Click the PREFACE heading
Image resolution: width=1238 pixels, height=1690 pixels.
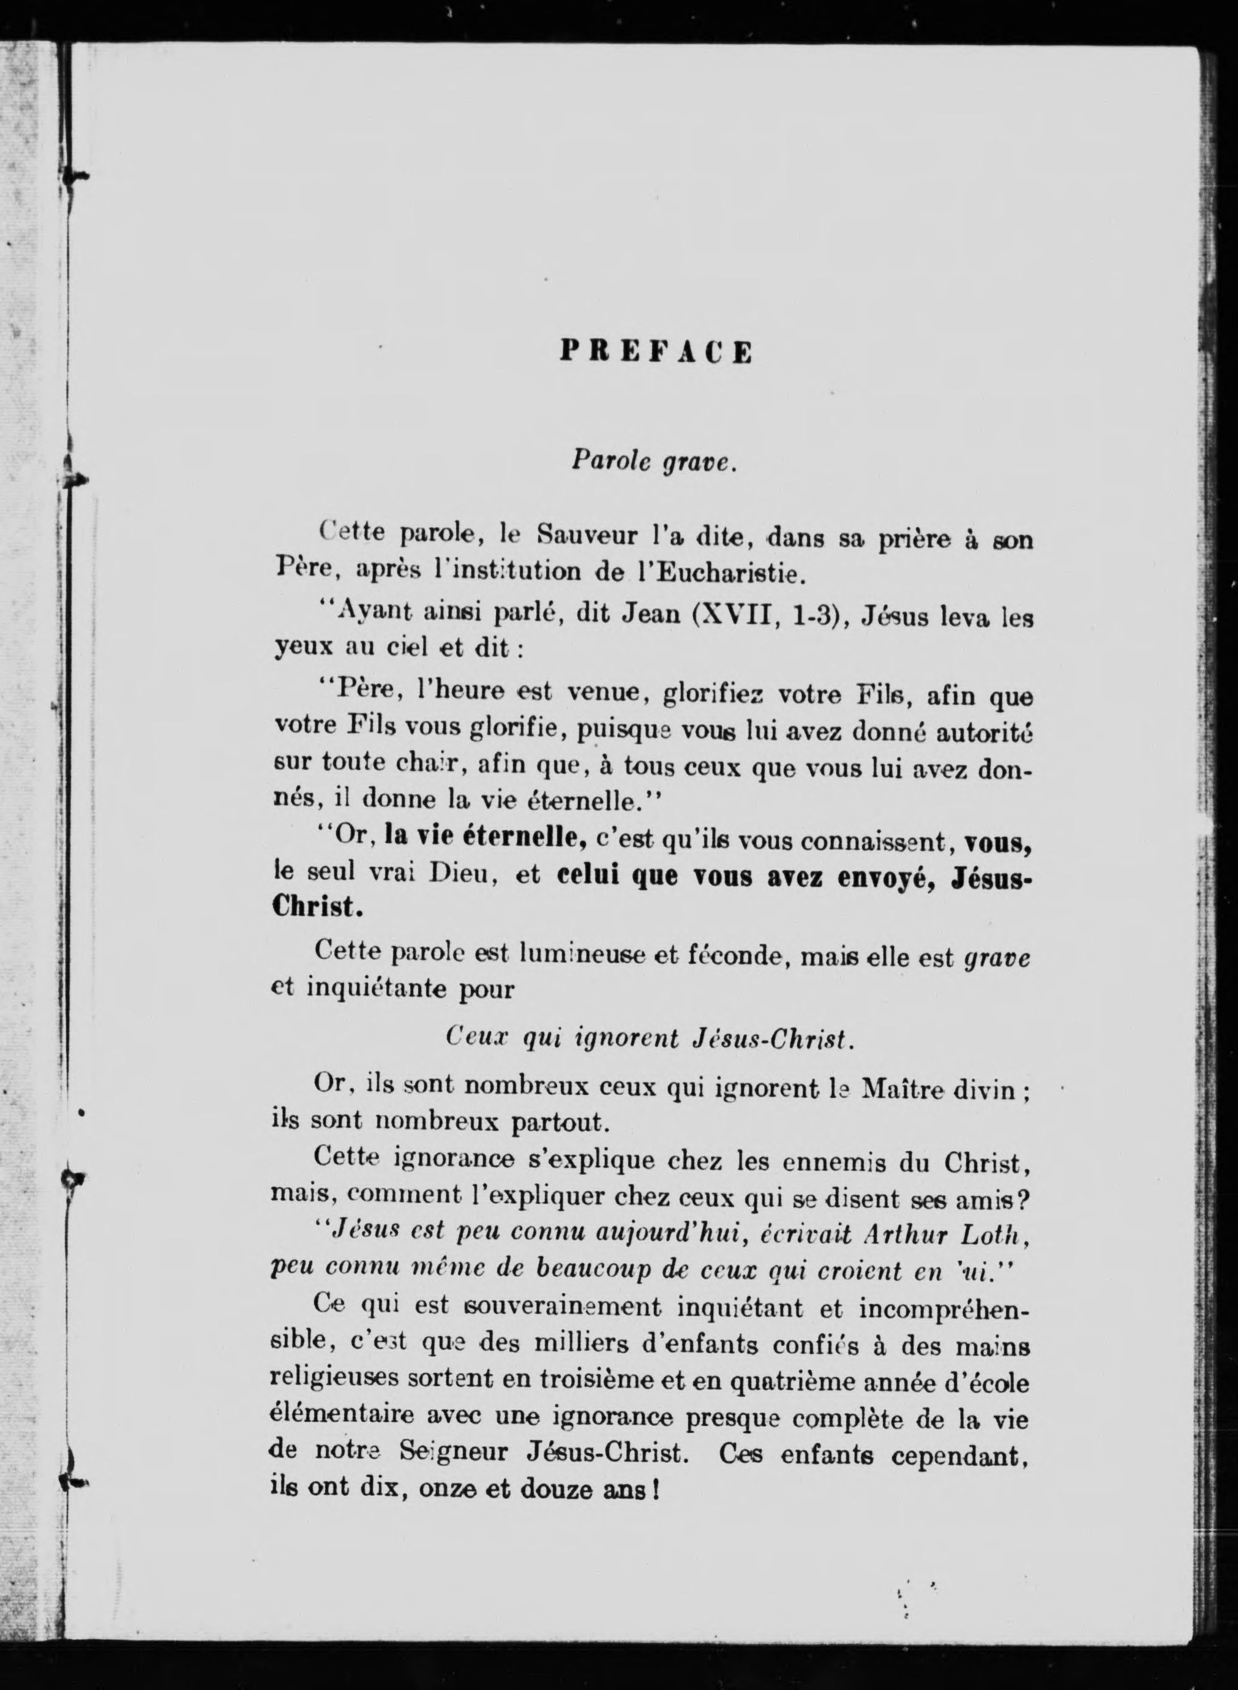pos(656,351)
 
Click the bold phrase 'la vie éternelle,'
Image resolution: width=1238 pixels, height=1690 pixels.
pos(485,836)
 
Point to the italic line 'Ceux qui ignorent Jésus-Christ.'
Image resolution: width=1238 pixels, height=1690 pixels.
pos(650,1038)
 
